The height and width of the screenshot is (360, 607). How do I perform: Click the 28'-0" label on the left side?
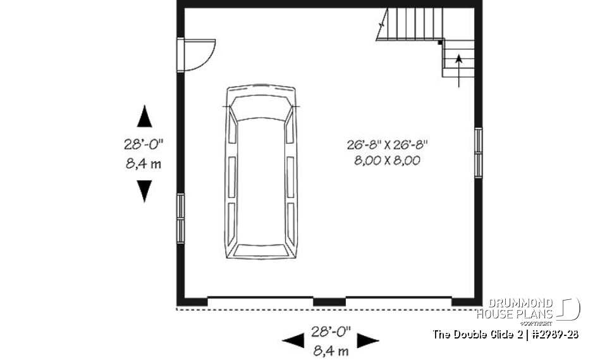pyautogui.click(x=144, y=144)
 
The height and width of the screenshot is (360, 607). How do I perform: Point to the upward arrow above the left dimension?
pyautogui.click(x=145, y=117)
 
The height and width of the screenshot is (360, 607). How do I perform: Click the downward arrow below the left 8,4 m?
pyautogui.click(x=145, y=190)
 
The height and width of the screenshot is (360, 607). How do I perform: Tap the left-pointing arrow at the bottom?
pyautogui.click(x=293, y=341)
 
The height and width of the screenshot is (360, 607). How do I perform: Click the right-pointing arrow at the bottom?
pyautogui.click(x=368, y=341)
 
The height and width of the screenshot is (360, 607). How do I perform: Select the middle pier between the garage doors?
pyautogui.click(x=329, y=302)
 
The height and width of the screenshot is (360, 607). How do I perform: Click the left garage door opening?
pyautogui.click(x=261, y=298)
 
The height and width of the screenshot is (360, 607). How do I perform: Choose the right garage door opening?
pyautogui.click(x=398, y=298)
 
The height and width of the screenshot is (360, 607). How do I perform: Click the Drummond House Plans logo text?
pyautogui.click(x=515, y=309)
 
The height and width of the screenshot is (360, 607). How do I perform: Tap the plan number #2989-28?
pyautogui.click(x=556, y=334)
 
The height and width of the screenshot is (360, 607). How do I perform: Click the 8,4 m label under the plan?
pyautogui.click(x=330, y=349)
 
